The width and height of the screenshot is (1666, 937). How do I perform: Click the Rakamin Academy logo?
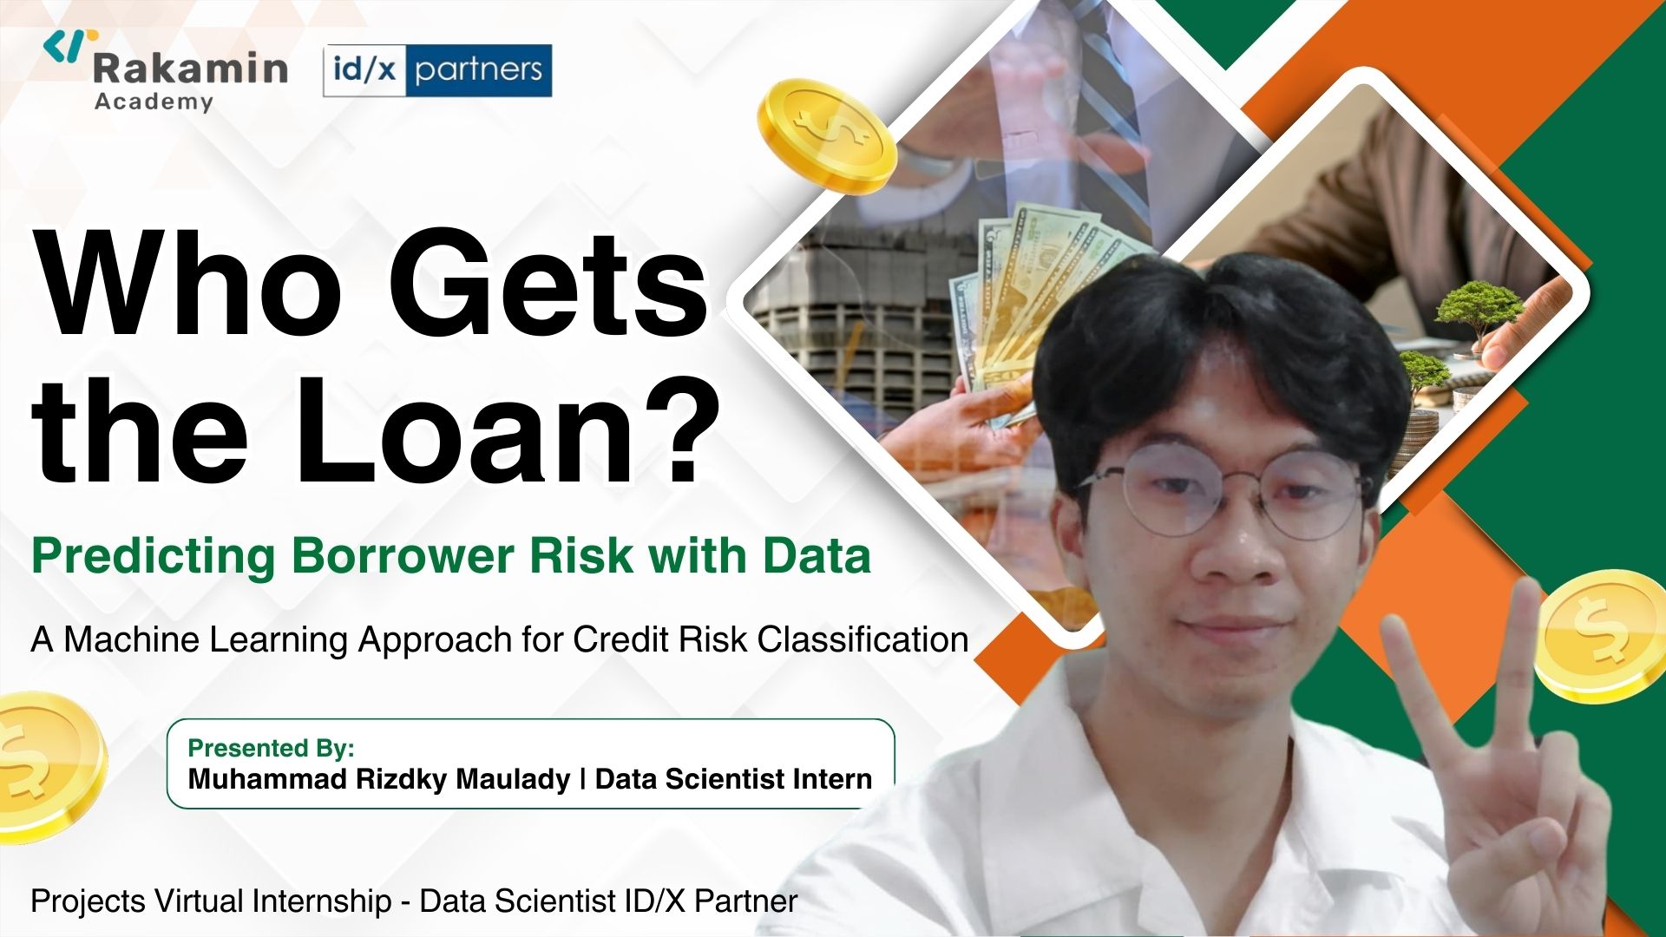click(166, 72)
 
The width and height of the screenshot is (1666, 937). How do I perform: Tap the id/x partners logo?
click(437, 70)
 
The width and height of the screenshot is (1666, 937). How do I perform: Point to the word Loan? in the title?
click(508, 429)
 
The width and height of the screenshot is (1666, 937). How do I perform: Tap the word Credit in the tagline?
click(620, 639)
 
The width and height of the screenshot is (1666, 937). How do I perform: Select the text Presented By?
click(271, 748)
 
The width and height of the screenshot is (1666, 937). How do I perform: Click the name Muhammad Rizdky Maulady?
click(378, 779)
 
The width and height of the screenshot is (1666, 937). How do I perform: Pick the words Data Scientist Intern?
click(733, 779)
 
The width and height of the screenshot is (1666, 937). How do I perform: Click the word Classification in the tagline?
click(863, 639)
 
